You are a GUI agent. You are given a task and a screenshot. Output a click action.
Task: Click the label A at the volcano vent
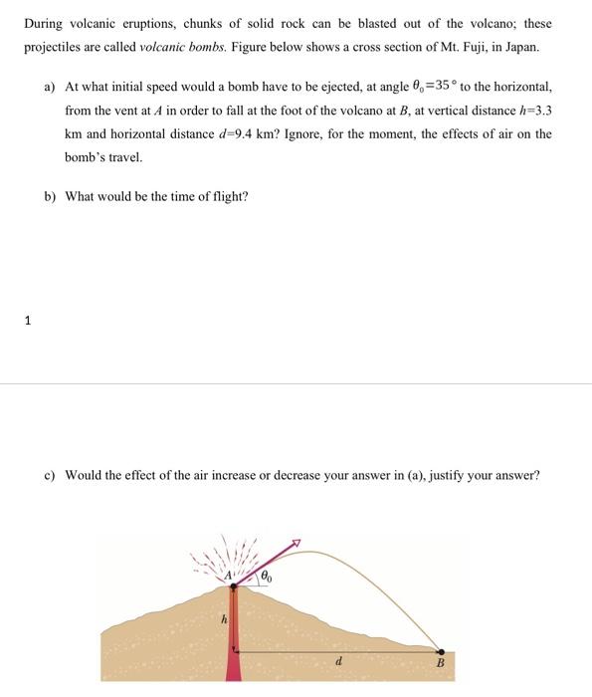coord(228,575)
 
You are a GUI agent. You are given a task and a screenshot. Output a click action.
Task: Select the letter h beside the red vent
coord(224,618)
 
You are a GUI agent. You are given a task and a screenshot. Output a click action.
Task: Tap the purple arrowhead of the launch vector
coord(295,544)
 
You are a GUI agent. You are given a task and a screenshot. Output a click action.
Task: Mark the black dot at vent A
coord(234,587)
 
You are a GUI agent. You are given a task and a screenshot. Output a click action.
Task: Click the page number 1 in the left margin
coord(28,321)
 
